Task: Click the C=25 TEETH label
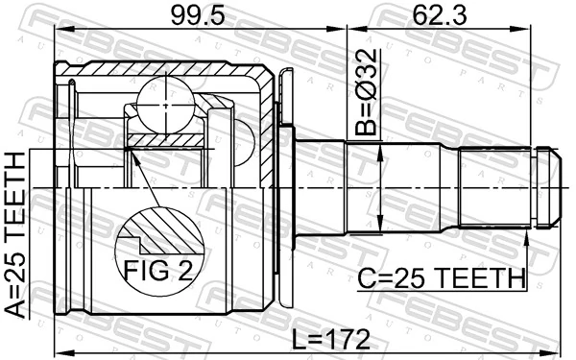pos(441,278)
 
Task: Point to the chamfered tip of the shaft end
pos(552,187)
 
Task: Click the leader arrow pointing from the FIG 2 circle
pos(134,163)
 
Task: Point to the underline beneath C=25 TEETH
pos(441,290)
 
